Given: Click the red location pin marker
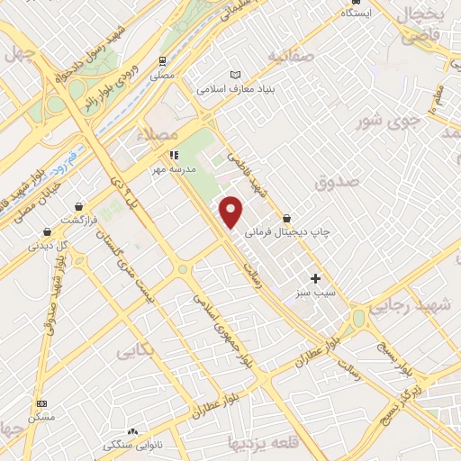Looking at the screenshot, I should pos(232,212).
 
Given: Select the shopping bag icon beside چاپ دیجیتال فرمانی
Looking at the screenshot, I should pos(286,217).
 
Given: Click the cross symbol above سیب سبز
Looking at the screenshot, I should pos(315,278).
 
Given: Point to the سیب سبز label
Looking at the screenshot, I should pos(314,293).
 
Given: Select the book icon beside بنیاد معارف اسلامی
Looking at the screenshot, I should pos(236,75).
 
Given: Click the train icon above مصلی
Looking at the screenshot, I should pos(163,61).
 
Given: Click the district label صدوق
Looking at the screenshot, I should pos(338,182).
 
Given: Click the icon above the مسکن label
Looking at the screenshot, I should pos(41,404).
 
